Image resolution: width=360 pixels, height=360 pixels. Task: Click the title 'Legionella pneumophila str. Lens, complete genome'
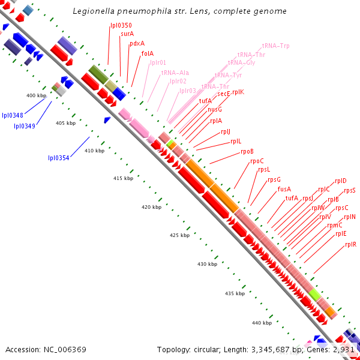(179, 11)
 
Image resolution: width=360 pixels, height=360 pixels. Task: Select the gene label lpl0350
(121, 25)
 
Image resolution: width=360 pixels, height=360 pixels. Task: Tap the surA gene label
(127, 34)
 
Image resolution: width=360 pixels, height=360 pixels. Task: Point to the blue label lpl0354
(59, 158)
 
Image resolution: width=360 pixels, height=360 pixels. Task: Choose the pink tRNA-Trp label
(276, 46)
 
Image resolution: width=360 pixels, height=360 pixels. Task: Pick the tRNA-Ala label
(175, 73)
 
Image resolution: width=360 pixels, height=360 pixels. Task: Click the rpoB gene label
(247, 151)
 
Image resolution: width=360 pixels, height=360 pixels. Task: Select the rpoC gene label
(257, 161)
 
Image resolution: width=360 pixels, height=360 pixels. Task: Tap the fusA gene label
(284, 189)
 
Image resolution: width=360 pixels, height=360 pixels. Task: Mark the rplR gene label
(351, 244)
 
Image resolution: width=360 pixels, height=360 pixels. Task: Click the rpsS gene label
(350, 190)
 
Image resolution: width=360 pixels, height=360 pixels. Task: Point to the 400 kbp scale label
(37, 95)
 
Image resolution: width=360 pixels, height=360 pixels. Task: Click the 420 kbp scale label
(152, 207)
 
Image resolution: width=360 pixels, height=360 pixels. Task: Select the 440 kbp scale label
(262, 323)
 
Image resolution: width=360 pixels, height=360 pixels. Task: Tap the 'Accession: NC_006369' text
(46, 349)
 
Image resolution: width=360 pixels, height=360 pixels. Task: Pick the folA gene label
(148, 53)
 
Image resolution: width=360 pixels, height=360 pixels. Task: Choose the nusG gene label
(215, 109)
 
